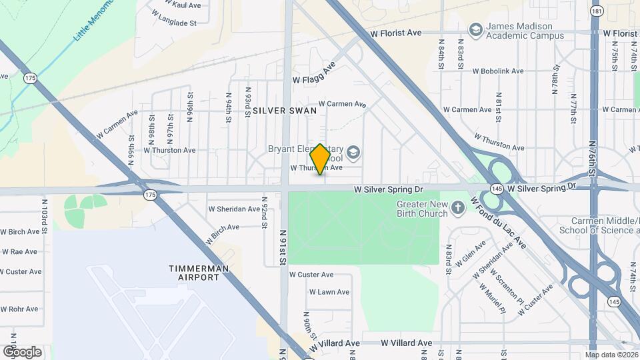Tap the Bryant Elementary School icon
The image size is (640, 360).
(353, 153)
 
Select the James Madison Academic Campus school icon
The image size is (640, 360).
(475, 30)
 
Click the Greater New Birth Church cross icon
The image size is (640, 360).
(457, 209)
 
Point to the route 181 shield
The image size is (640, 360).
(597, 11)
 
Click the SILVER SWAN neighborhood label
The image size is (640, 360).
(284, 111)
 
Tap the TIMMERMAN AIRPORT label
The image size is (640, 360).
(199, 273)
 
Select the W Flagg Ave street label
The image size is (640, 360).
(313, 74)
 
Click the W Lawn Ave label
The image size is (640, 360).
(329, 292)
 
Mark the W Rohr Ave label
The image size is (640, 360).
(19, 309)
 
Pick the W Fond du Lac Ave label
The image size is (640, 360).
(499, 222)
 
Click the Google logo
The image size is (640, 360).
(22, 352)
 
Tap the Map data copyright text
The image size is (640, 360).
(611, 355)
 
